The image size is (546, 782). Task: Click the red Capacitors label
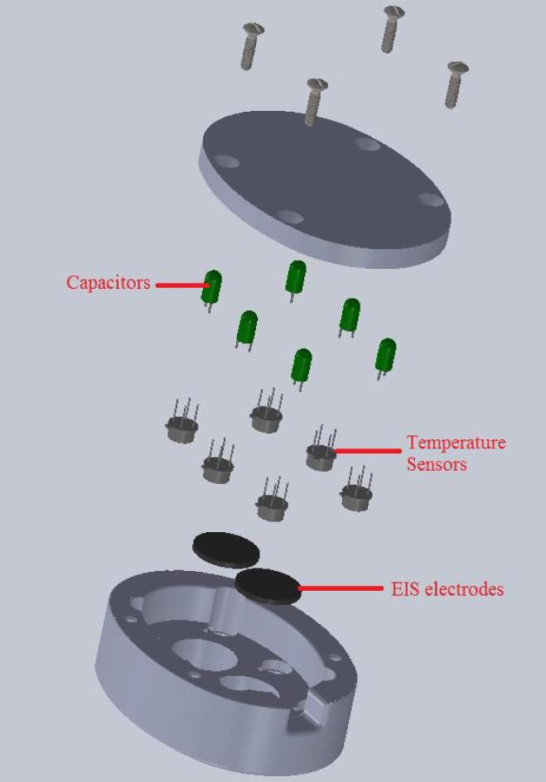[x=109, y=283]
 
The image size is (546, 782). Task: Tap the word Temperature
[x=455, y=443]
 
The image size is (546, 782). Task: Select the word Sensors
[x=436, y=463]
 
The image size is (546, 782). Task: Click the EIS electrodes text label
[x=447, y=589]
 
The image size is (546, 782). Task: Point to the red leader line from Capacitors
[x=181, y=285]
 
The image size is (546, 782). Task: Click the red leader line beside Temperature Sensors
[x=368, y=452]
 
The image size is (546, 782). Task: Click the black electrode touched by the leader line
[x=267, y=585]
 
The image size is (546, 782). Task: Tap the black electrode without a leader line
[x=225, y=547]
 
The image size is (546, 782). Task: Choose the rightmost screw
[x=455, y=83]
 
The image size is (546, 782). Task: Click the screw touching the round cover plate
[x=313, y=99]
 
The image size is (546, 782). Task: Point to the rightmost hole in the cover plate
[x=429, y=199]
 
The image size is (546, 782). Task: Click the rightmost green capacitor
[x=385, y=357]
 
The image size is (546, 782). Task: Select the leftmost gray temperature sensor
[x=181, y=425]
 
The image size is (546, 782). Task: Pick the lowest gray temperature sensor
[x=270, y=504]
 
